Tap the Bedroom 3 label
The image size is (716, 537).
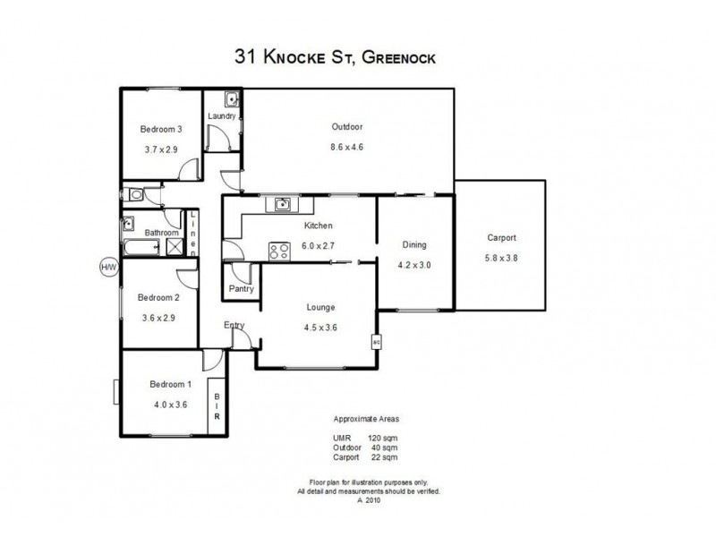coord(162,130)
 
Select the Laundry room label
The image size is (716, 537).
coord(221,116)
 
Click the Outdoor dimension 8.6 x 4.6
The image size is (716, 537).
coord(346,146)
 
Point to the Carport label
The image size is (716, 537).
coord(501,238)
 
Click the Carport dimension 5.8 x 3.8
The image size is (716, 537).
coord(501,259)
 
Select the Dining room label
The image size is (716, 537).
coord(413,244)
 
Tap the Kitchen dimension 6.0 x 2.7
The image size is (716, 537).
coord(319,244)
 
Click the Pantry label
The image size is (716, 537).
coord(241,289)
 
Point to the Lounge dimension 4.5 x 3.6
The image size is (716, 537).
coord(320,327)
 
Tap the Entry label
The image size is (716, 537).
coord(234,325)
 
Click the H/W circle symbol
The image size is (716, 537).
coord(108,267)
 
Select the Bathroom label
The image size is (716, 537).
coord(162,233)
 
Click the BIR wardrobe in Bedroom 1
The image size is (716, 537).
coord(217,408)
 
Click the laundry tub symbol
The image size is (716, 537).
coord(230,99)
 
